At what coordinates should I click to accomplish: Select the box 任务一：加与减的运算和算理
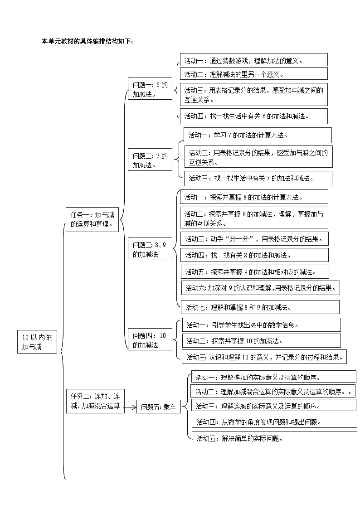92,219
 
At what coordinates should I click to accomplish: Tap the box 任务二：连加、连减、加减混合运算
95,401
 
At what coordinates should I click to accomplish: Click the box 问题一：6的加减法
150,90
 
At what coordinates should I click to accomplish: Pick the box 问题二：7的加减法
150,160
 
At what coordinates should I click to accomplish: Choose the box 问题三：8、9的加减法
150,250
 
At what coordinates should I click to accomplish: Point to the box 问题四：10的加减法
150,340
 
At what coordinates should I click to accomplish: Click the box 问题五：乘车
159,407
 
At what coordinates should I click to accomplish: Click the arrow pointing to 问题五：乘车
130,407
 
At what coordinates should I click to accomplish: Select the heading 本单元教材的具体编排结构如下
88,41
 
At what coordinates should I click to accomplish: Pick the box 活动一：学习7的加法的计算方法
258,135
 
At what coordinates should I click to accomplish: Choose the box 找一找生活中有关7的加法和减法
258,178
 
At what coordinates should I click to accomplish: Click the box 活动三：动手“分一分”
254,238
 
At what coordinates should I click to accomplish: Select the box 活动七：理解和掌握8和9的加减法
259,307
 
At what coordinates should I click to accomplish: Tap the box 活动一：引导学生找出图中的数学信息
261,325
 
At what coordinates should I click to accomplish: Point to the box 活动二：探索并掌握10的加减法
261,341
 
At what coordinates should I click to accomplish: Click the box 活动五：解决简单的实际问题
274,438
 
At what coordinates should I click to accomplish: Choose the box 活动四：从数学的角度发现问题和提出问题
274,422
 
